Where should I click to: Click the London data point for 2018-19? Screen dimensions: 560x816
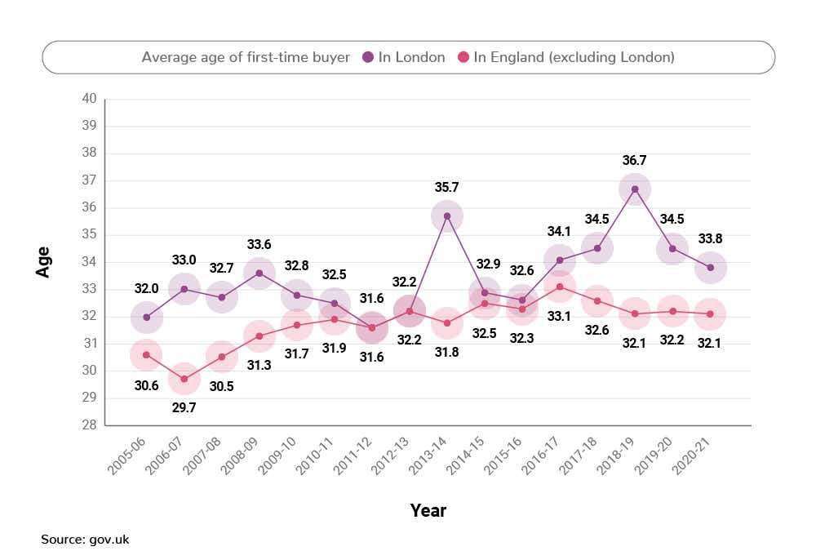point(635,189)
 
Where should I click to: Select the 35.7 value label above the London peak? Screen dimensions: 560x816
point(446,187)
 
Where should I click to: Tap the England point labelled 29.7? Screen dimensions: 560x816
point(184,379)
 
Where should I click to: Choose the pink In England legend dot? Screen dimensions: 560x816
point(463,57)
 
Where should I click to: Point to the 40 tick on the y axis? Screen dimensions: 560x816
point(89,99)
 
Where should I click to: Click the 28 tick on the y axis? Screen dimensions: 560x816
point(89,425)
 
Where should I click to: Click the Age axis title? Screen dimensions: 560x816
point(43,262)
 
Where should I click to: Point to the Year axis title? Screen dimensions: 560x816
point(428,511)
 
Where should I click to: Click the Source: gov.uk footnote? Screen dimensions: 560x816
point(85,540)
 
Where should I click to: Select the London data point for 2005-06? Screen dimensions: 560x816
point(147,317)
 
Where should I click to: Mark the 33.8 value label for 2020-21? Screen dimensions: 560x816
point(710,239)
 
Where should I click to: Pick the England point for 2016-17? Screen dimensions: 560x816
point(560,287)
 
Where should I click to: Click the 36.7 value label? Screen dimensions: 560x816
point(635,160)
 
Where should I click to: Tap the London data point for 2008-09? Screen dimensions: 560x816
point(259,273)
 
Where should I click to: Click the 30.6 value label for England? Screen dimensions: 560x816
point(147,385)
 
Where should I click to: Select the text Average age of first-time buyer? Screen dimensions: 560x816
point(246,57)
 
